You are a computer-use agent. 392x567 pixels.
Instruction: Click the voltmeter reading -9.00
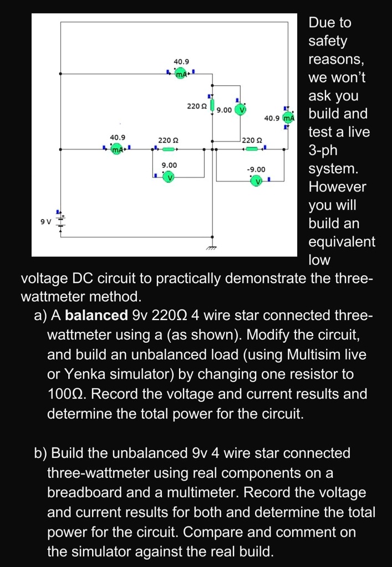256,181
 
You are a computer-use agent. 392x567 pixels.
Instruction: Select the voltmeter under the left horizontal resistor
169,177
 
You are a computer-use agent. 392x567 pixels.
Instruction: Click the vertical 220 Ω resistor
211,105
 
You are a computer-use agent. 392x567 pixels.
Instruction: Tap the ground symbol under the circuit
211,249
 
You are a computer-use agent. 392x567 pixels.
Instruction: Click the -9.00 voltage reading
256,169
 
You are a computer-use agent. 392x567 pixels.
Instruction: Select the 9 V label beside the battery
45,221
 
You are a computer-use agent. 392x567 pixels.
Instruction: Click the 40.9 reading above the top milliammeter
181,61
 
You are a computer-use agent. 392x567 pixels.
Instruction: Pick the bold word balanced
96,316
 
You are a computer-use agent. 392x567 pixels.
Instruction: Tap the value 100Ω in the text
64,394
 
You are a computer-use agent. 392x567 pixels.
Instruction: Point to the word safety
328,41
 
